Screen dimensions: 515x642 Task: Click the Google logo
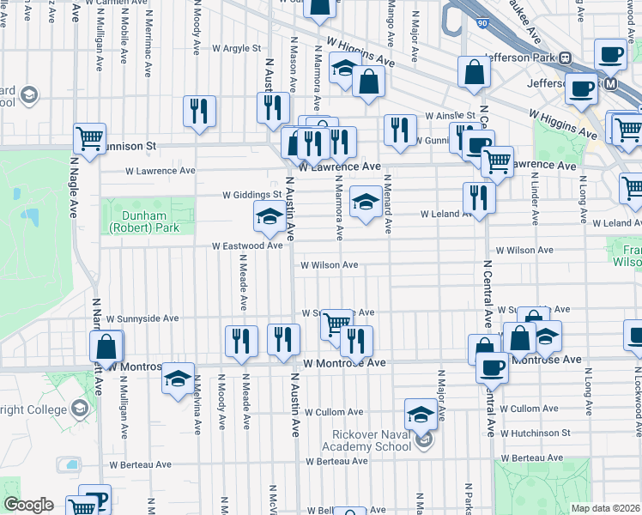28,505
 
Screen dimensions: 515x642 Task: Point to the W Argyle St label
229,49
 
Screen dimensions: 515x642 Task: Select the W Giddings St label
252,195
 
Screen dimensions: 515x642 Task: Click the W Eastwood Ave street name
248,245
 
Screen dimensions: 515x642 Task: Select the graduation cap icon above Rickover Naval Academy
421,415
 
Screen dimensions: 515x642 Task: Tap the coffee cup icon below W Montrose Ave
493,368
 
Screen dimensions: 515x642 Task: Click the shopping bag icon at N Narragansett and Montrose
106,348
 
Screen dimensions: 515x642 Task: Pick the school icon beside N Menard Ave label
366,203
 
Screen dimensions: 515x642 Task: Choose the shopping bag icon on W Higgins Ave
367,83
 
